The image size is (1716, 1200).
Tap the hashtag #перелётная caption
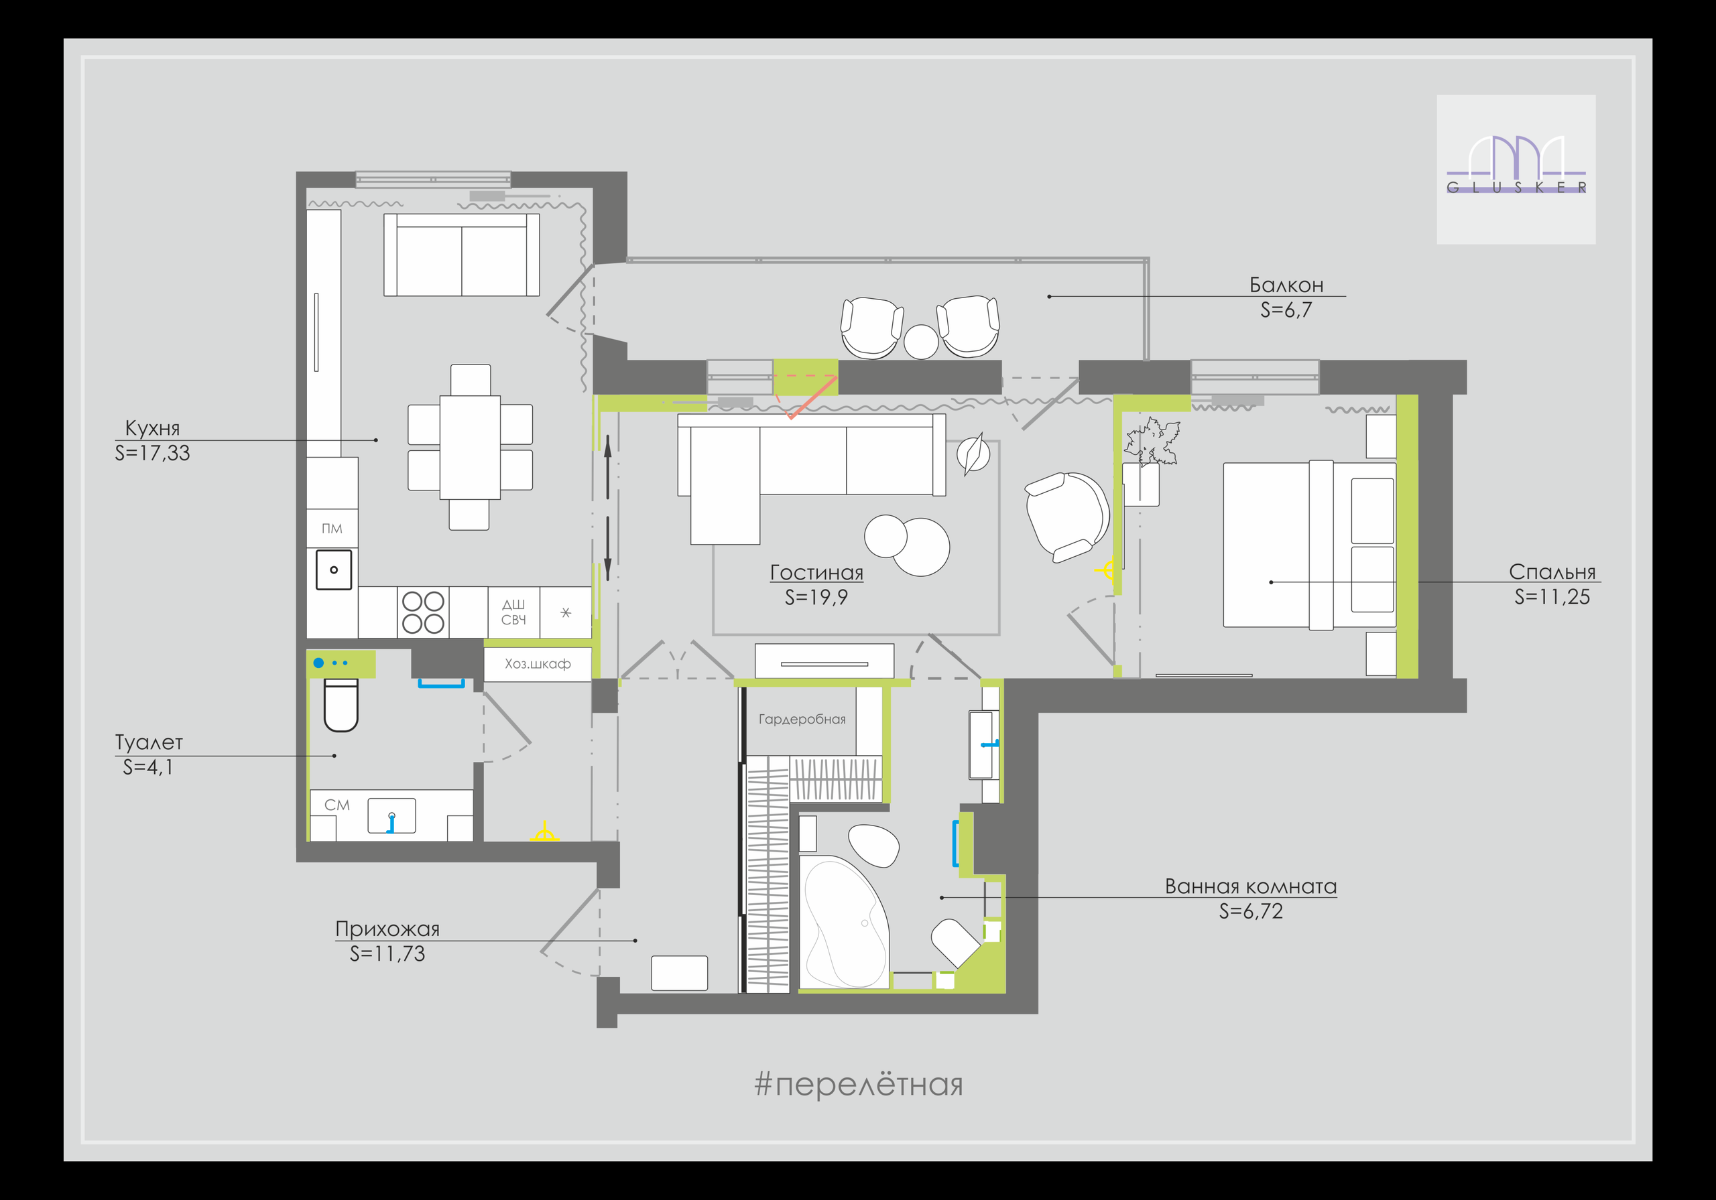(x=859, y=1084)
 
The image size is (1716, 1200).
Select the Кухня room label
(x=152, y=428)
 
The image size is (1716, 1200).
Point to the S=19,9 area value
(x=816, y=598)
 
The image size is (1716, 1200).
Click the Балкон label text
(x=1286, y=285)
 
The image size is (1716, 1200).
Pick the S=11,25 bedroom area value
(x=1552, y=597)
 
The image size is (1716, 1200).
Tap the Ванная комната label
(x=1251, y=887)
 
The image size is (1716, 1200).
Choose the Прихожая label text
(x=387, y=929)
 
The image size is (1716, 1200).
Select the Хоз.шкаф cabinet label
(x=538, y=663)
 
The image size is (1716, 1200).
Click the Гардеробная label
(x=802, y=720)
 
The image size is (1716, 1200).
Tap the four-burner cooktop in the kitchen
(x=423, y=612)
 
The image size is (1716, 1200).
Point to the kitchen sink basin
(x=333, y=570)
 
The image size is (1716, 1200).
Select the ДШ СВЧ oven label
(x=513, y=612)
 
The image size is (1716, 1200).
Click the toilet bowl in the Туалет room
(x=341, y=705)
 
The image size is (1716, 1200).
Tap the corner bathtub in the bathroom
(x=845, y=923)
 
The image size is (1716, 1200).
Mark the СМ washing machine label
(x=337, y=805)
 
